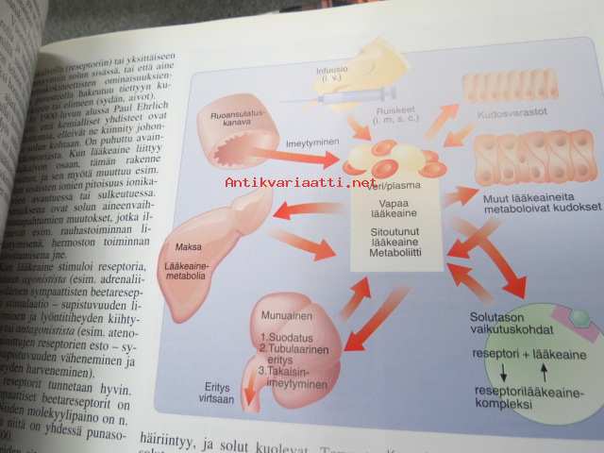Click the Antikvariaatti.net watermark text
pyautogui.click(x=301, y=182)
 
